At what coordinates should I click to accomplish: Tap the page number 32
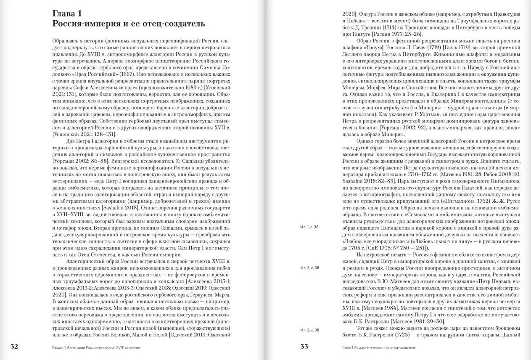(x=14, y=347)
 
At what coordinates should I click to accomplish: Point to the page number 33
(x=304, y=347)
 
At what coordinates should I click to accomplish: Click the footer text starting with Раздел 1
(x=96, y=348)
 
